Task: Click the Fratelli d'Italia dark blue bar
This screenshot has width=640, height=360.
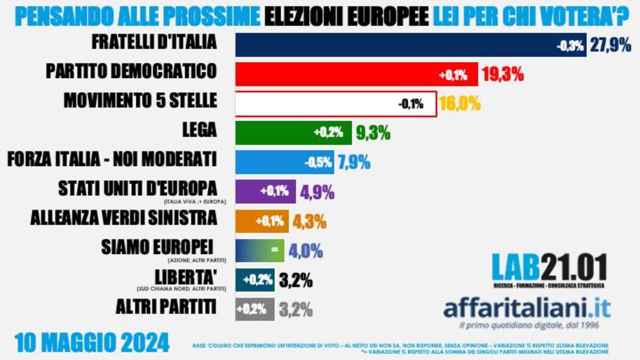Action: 395,45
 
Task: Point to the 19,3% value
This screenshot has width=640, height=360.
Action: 502,75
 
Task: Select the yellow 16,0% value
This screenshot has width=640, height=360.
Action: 460,103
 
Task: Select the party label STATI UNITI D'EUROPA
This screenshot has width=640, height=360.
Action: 138,188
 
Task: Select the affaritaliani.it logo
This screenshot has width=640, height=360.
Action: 527,308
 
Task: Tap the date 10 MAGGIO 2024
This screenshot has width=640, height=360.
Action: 92,342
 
